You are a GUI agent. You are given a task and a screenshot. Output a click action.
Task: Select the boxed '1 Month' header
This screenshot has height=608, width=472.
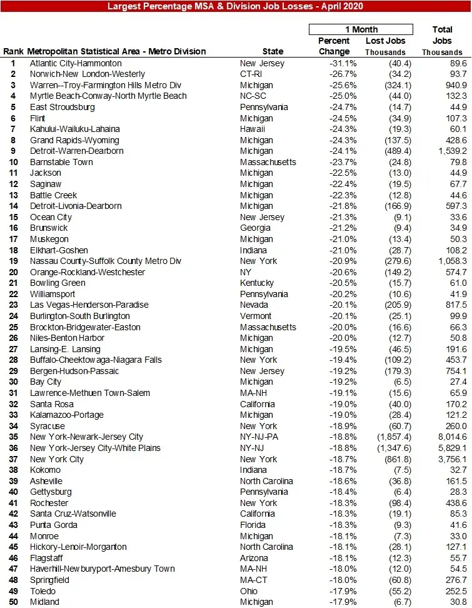pyautogui.click(x=361, y=29)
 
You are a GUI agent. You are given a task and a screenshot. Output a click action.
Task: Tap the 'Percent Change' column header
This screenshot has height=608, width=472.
pyautogui.click(x=334, y=46)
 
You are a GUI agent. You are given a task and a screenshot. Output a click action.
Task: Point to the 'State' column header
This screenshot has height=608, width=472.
pyautogui.click(x=273, y=52)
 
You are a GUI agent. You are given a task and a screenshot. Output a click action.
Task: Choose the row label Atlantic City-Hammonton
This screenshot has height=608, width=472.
pyautogui.click(x=76, y=63)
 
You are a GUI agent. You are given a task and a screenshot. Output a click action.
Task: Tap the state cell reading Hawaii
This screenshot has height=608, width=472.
pyautogui.click(x=253, y=129)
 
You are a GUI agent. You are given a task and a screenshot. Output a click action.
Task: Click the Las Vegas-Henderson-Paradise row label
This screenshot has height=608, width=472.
pyautogui.click(x=89, y=305)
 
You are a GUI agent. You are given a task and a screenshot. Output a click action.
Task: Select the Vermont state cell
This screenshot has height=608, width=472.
pyautogui.click(x=256, y=316)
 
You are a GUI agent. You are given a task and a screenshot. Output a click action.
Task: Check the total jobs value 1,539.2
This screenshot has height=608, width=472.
pyautogui.click(x=451, y=151)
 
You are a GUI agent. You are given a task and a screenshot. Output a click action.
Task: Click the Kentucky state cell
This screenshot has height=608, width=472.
pyautogui.click(x=257, y=283)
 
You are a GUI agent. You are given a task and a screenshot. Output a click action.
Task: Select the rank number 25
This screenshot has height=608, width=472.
pyautogui.click(x=13, y=327)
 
